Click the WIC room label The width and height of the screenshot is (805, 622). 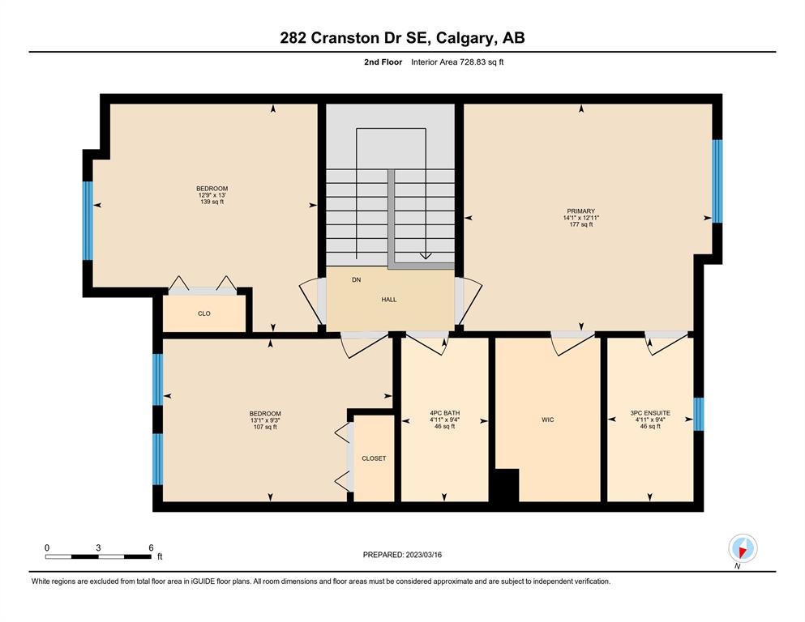pyautogui.click(x=548, y=420)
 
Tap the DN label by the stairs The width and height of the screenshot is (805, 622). pyautogui.click(x=357, y=279)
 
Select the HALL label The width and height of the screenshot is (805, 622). pyautogui.click(x=388, y=300)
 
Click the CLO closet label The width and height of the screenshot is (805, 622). pyautogui.click(x=203, y=313)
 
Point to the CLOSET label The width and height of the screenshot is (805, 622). pyautogui.click(x=374, y=458)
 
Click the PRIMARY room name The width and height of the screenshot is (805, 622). pyautogui.click(x=580, y=211)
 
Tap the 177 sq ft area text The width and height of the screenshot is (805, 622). pyautogui.click(x=580, y=224)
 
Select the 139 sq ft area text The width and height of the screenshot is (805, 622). pyautogui.click(x=212, y=202)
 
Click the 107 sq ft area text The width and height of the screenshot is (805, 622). pyautogui.click(x=265, y=427)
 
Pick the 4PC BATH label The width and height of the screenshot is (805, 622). pyautogui.click(x=444, y=413)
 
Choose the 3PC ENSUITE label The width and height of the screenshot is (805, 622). pyautogui.click(x=650, y=413)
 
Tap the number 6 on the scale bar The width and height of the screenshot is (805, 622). pyautogui.click(x=151, y=547)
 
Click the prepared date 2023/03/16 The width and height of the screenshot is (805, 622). pyautogui.click(x=423, y=555)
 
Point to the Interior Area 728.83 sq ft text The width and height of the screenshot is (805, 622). pyautogui.click(x=457, y=62)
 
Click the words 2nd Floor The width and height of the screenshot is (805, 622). pyautogui.click(x=383, y=62)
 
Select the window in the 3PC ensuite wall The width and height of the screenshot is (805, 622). pyautogui.click(x=698, y=415)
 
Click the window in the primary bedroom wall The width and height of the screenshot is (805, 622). pyautogui.click(x=717, y=181)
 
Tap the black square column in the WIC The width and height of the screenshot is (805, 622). pyautogui.click(x=507, y=485)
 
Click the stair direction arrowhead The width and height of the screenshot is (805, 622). pyautogui.click(x=426, y=256)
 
